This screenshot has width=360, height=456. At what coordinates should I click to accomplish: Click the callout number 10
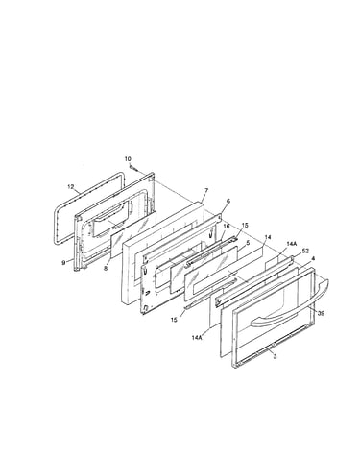[128, 159]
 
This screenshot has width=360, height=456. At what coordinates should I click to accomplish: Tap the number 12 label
[71, 186]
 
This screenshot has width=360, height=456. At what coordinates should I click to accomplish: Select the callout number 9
[63, 263]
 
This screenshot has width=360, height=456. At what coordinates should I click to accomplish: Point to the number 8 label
[106, 268]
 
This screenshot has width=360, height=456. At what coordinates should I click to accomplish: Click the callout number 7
[206, 191]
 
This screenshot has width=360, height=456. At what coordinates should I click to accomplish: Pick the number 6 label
[228, 201]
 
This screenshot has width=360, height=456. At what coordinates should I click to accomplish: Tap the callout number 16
[226, 227]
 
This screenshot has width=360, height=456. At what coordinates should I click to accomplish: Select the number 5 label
[248, 243]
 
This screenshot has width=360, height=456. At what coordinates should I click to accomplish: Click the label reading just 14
[268, 237]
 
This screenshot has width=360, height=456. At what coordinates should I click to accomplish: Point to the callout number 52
[305, 251]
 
